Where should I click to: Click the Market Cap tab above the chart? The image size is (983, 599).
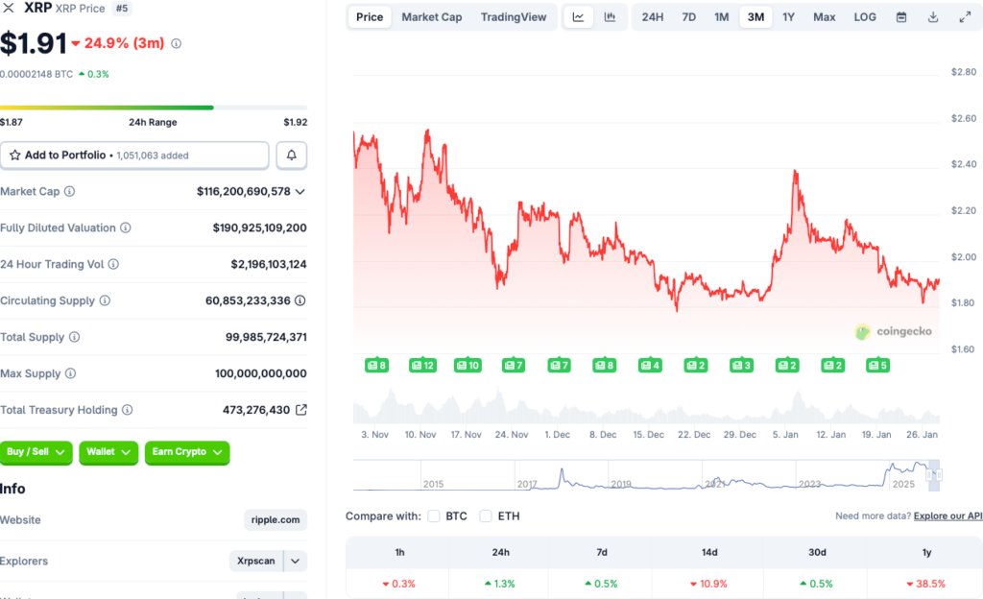point(431,17)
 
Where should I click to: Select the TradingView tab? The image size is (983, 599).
point(514,17)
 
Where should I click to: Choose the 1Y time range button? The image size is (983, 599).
point(788,17)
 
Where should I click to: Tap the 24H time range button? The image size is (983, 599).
point(653,17)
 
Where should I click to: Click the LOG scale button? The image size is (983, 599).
point(865,17)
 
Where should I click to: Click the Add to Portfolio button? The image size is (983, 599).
point(134,156)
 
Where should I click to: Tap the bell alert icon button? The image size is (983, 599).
point(292,156)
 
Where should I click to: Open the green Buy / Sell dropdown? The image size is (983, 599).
point(36,452)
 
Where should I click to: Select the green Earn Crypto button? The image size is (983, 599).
point(187,452)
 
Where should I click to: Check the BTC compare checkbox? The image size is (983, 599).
point(434,516)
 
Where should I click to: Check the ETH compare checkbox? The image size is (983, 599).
point(486,516)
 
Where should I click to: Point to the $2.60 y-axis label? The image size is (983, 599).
point(963,118)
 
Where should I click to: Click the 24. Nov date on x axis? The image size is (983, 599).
point(512,435)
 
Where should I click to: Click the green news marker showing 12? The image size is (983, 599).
point(422,366)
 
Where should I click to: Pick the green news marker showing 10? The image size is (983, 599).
point(468,366)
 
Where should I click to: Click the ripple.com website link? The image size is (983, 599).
point(276,520)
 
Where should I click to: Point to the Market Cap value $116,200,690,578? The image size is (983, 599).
point(243,192)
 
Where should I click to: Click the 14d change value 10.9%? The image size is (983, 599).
point(708,584)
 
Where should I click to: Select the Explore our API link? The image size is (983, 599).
point(947,516)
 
